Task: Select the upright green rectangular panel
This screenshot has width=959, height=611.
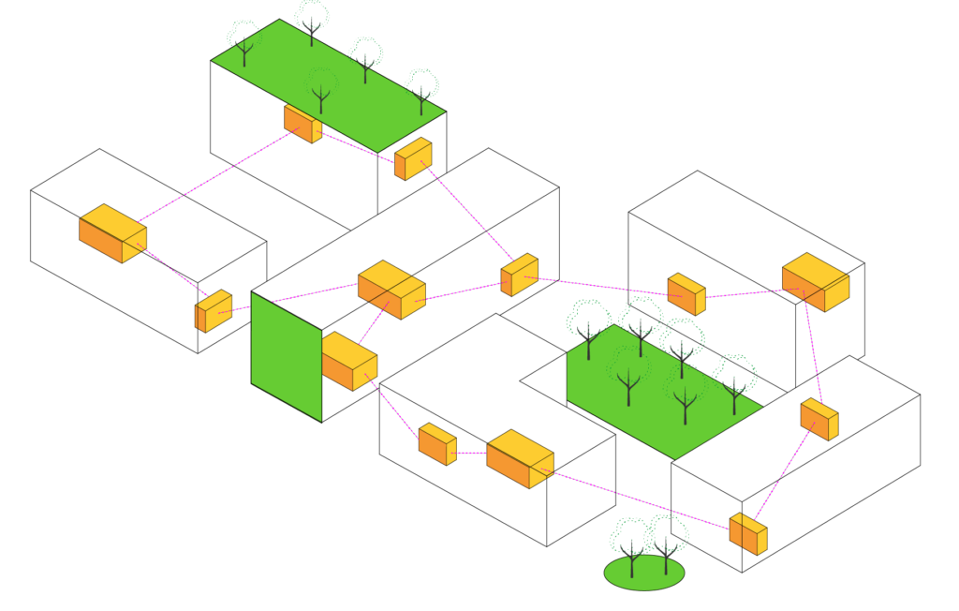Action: tap(286, 356)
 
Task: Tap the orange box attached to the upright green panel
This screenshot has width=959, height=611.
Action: tap(349, 361)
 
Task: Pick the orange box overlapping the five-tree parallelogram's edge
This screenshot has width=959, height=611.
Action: tap(302, 123)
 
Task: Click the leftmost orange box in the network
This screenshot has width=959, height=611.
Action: tap(112, 233)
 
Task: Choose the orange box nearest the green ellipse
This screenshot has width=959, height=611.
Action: tap(748, 533)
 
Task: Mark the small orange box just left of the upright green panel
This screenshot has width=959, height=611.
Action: tap(214, 311)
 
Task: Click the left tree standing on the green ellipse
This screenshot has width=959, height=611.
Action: tap(630, 544)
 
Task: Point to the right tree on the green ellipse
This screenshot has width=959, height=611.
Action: tap(667, 539)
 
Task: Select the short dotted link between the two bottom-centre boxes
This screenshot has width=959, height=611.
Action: tap(471, 453)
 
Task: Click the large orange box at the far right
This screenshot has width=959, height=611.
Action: tap(816, 282)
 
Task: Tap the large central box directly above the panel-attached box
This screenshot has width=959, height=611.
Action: tap(391, 290)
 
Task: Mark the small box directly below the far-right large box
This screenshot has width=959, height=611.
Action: tap(819, 419)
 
